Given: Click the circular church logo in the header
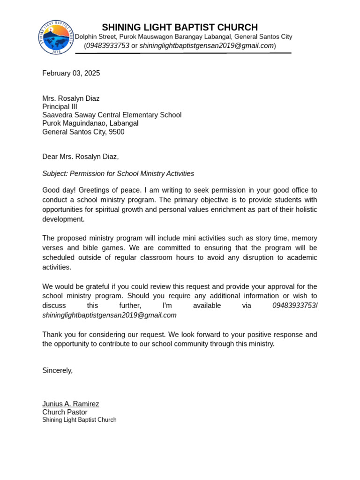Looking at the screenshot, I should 56,37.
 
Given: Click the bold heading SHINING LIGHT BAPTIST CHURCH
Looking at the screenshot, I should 180,27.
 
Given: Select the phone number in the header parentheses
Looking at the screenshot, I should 108,45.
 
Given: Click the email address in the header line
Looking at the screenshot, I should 207,45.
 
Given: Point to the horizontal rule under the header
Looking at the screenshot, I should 183,53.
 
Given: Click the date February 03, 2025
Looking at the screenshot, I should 71,73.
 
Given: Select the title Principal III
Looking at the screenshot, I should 60,107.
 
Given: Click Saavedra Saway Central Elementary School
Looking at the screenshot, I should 112,115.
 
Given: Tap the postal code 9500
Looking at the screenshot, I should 116,132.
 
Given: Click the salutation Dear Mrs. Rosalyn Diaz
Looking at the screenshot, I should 80,157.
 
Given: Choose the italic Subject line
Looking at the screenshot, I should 118,173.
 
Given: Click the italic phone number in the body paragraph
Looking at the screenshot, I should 294,306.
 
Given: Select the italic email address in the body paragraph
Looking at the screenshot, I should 109,315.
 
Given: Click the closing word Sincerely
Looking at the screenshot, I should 57,370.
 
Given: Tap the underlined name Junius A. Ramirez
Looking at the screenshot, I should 70,404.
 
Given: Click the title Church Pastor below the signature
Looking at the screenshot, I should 65,412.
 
